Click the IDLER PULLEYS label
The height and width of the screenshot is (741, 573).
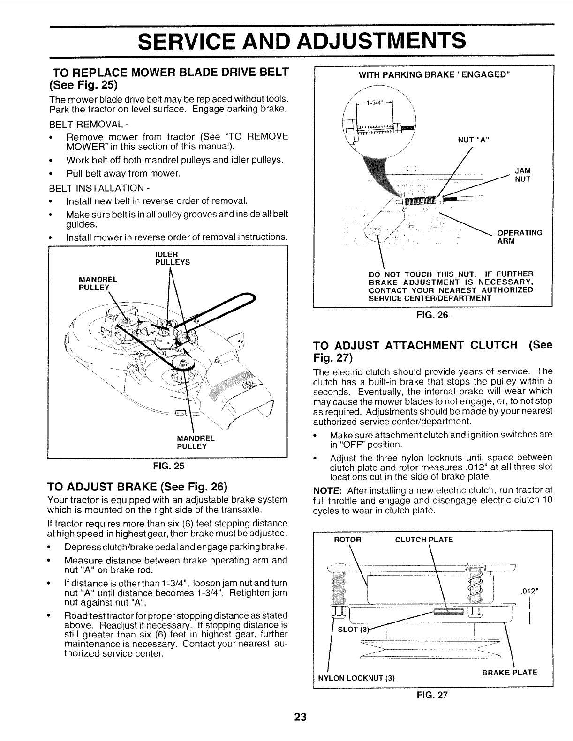[x=172, y=259]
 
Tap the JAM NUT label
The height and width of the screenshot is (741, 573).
[x=522, y=175]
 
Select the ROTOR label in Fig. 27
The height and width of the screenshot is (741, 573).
[x=347, y=539]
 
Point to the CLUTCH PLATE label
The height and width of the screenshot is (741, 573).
[x=424, y=539]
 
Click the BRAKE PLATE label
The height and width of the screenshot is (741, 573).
[x=510, y=672]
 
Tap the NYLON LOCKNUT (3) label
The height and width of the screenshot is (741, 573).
[x=356, y=678]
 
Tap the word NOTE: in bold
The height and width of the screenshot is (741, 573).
[x=328, y=490]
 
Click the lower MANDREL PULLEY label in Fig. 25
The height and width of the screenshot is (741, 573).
[x=196, y=442]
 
